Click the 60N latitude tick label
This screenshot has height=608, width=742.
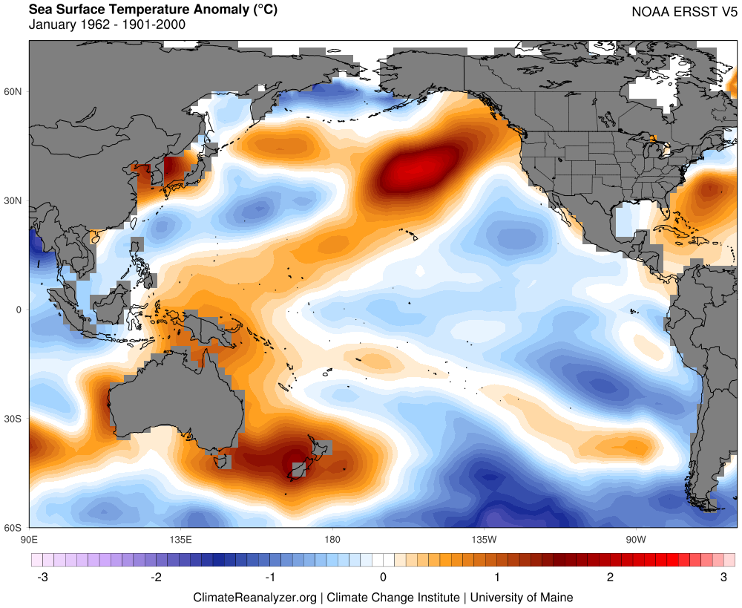point(13,91)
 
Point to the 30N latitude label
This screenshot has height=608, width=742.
point(13,200)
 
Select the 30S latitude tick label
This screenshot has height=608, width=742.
point(13,419)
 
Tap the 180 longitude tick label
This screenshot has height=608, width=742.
point(332,537)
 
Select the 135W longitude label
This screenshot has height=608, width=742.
point(483,537)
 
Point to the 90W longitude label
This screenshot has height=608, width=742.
point(635,537)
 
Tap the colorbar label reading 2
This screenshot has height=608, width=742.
point(611,578)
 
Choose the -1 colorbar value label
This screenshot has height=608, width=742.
point(270,578)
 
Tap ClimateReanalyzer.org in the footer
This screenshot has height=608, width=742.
point(255,597)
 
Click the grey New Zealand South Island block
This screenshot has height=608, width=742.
point(298,470)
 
